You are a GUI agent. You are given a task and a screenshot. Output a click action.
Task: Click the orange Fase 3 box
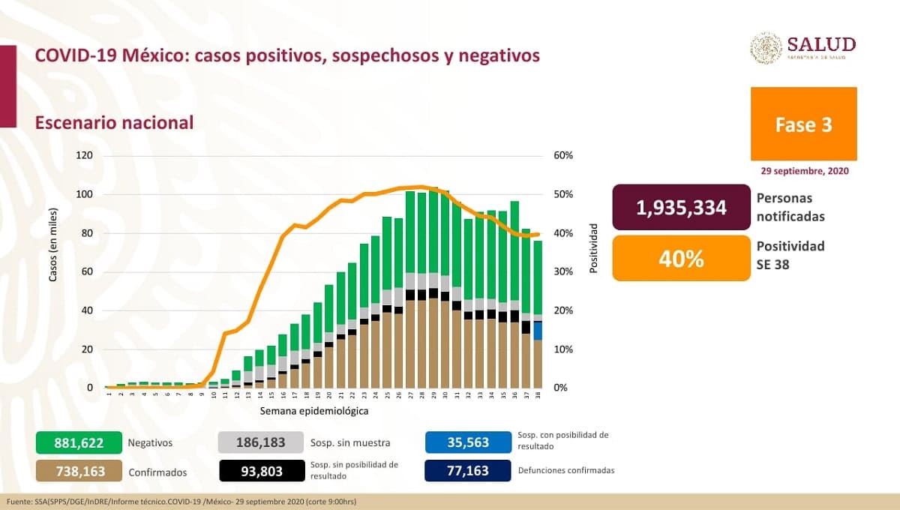pyautogui.click(x=803, y=124)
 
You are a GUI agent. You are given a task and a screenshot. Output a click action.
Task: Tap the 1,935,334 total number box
pyautogui.click(x=681, y=208)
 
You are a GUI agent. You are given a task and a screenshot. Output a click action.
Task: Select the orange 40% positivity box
pyautogui.click(x=681, y=259)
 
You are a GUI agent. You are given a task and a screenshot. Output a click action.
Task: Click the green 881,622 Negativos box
pyautogui.click(x=78, y=442)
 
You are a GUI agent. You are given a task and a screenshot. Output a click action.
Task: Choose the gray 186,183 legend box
pyautogui.click(x=261, y=442)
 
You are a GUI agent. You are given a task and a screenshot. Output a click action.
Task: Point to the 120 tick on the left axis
pyautogui.click(x=82, y=156)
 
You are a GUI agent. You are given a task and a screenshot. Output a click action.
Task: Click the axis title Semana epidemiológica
pyautogui.click(x=314, y=411)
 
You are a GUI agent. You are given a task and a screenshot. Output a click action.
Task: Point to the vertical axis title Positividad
pyautogui.click(x=593, y=247)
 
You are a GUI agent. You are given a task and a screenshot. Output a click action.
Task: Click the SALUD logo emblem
pyautogui.click(x=766, y=48)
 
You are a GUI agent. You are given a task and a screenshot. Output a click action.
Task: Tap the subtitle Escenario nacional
pyautogui.click(x=114, y=122)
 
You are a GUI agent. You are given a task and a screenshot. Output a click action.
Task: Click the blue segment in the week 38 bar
pyautogui.click(x=538, y=331)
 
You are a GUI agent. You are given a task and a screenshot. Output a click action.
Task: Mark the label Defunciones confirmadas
pyautogui.click(x=566, y=470)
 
